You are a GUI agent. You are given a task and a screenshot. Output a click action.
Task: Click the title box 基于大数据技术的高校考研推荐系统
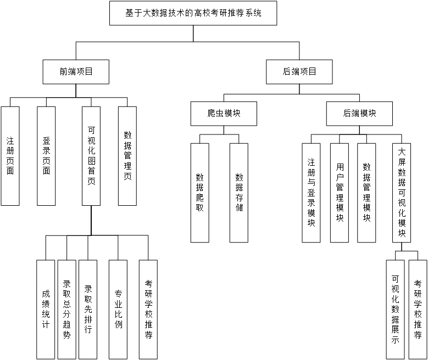pyautogui.click(x=193, y=13)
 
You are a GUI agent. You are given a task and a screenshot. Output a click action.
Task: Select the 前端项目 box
pyautogui.click(x=76, y=71)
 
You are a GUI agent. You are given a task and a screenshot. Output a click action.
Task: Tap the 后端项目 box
pyautogui.click(x=299, y=71)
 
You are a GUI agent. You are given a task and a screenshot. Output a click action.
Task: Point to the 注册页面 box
pyautogui.click(x=10, y=156)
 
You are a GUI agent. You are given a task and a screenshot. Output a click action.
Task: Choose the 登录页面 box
pyautogui.click(x=46, y=156)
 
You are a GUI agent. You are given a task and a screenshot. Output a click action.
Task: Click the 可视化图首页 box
pyautogui.click(x=91, y=156)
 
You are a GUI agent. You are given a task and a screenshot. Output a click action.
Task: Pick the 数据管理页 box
pyautogui.click(x=127, y=156)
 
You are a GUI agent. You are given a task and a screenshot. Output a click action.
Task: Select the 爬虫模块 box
pyautogui.click(x=224, y=114)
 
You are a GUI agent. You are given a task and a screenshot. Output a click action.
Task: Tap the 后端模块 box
pyautogui.click(x=359, y=114)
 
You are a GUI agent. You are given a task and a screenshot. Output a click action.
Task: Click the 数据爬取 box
pyautogui.click(x=200, y=193)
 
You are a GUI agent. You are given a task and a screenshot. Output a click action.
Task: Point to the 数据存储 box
pyautogui.click(x=239, y=193)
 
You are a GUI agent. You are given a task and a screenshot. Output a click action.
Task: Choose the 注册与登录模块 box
pyautogui.click(x=312, y=193)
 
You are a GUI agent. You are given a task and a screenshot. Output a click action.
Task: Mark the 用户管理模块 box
pyautogui.click(x=340, y=193)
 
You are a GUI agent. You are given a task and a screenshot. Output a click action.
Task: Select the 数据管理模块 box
pyautogui.click(x=366, y=193)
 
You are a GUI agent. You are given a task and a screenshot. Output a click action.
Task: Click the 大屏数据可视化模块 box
pyautogui.click(x=402, y=193)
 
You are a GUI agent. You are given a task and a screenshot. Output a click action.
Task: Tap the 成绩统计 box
pyautogui.click(x=46, y=309)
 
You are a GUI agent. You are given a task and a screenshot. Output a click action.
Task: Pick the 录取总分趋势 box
pyautogui.click(x=66, y=309)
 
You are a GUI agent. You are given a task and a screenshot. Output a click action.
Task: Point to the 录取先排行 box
pyautogui.click(x=88, y=309)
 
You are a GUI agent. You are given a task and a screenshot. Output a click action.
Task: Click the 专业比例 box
pyautogui.click(x=118, y=309)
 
